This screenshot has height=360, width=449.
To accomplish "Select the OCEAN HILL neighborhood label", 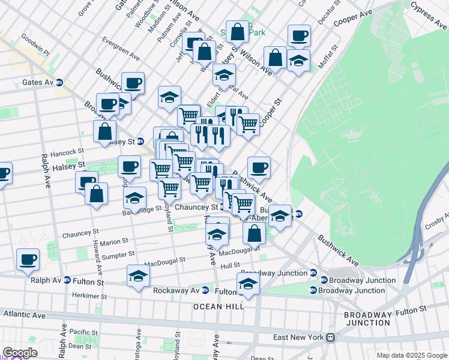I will pos(218,307).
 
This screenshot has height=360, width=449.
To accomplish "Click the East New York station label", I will pos(298,337).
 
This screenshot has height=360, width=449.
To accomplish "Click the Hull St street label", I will pos(230,265).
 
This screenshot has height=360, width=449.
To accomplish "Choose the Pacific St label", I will pos(83,332).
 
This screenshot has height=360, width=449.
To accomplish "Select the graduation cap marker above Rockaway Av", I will pos(138,277).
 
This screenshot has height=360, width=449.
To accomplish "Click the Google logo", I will pos(19,353).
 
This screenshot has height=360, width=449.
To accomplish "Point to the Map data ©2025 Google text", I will pos(411,355).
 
